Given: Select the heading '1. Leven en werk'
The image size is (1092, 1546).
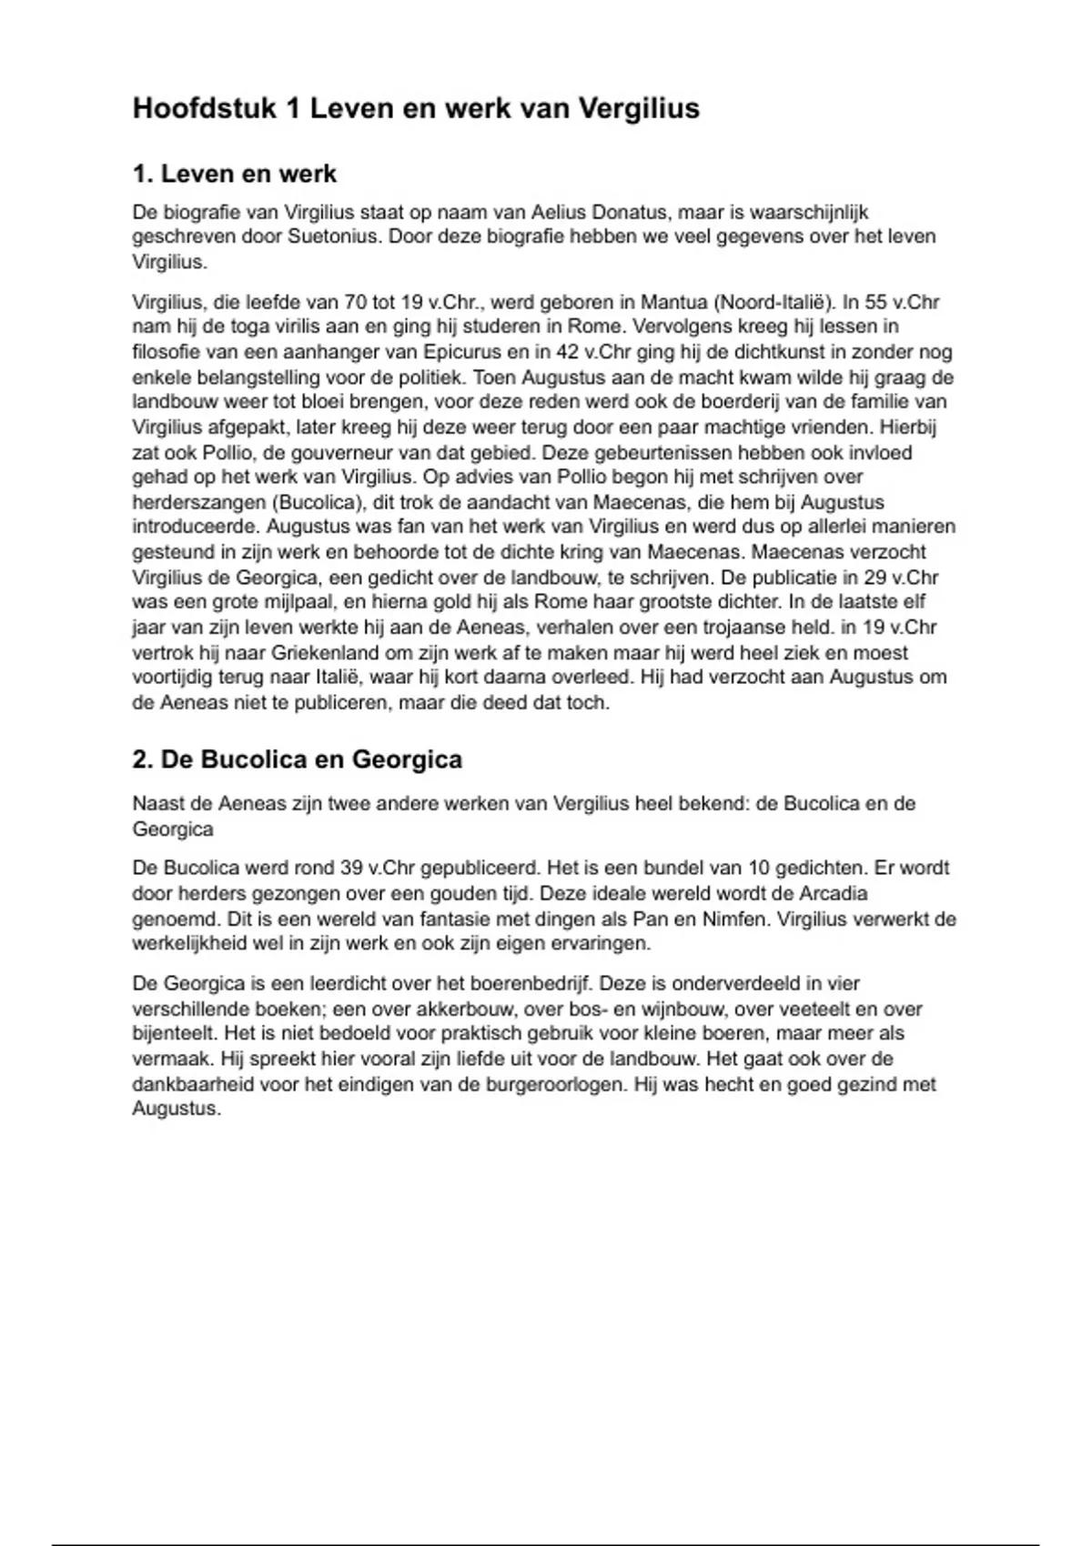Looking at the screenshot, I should [234, 174].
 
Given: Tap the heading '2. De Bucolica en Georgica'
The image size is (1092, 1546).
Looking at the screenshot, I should [297, 759].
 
